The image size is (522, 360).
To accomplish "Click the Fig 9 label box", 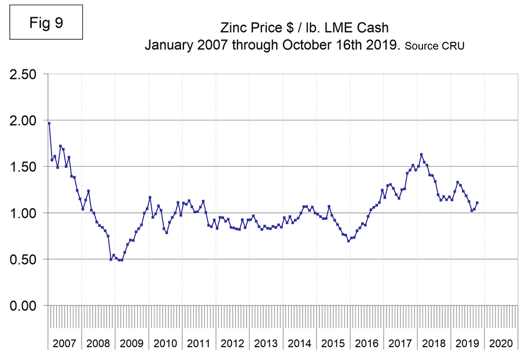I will (46, 24).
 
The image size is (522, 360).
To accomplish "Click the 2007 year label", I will (64, 343).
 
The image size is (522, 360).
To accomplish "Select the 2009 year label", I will (131, 343).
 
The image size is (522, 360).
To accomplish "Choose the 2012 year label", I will (232, 343).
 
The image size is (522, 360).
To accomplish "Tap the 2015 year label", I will (333, 343).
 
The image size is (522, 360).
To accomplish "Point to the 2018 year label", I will (433, 343).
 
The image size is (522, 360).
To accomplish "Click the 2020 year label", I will (501, 343).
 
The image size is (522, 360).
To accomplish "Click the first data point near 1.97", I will (49, 123).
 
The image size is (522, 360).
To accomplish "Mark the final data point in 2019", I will (477, 203).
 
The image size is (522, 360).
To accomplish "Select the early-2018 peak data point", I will (421, 155).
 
